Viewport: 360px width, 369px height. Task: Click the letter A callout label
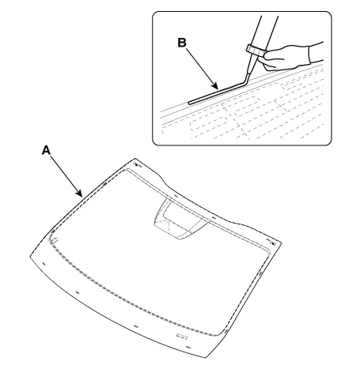tap(46, 150)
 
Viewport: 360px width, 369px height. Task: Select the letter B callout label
tap(182, 43)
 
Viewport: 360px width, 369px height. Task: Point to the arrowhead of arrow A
tap(80, 194)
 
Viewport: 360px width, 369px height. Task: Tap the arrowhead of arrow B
tap(215, 85)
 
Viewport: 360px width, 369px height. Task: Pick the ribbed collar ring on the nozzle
tap(256, 51)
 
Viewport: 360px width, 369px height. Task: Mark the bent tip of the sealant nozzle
tap(248, 79)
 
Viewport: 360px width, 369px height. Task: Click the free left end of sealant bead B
tap(189, 103)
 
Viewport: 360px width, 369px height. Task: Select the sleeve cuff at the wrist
tap(316, 53)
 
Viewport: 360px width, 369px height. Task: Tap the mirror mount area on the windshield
tap(180, 220)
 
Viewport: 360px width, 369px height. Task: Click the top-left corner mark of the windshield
tap(136, 165)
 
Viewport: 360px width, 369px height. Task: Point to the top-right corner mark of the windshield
tap(271, 243)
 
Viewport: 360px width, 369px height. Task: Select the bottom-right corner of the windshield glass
tap(206, 358)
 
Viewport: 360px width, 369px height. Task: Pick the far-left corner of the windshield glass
tap(30, 255)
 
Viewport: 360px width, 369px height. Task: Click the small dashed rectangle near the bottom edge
tap(182, 337)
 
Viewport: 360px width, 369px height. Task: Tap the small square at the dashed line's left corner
tap(55, 240)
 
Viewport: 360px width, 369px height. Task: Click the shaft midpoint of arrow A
tap(65, 175)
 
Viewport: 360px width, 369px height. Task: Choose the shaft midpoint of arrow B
tap(202, 69)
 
